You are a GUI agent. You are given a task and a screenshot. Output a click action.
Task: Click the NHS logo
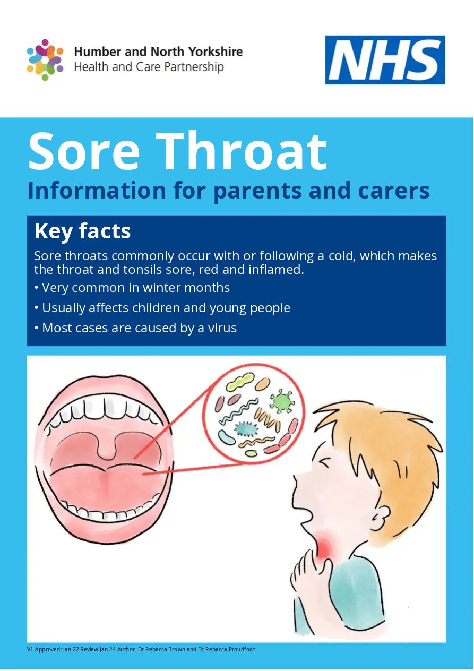(385, 60)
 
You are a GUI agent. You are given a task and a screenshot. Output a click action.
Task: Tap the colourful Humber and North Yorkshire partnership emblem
(45, 60)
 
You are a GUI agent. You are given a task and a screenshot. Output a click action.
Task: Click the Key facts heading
(83, 231)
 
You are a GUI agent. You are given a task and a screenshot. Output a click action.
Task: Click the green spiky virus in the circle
(281, 401)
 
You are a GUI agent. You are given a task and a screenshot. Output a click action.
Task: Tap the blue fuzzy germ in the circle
(246, 428)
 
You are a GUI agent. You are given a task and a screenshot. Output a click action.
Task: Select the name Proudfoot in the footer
(242, 649)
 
